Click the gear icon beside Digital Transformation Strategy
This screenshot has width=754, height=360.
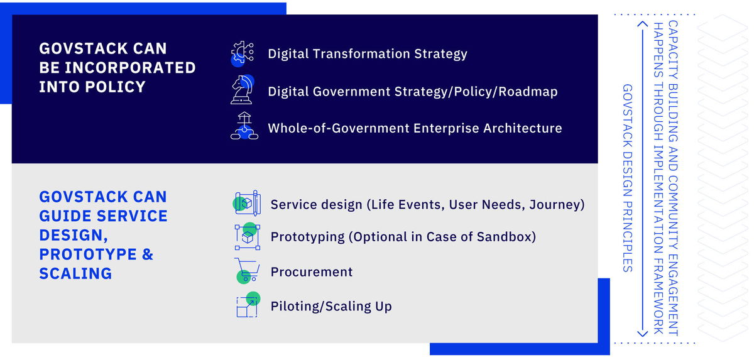tap(243, 53)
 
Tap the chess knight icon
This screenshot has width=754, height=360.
tap(243, 89)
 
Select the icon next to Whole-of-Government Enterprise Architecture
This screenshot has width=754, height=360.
tap(244, 126)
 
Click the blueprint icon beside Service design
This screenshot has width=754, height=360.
tap(247, 203)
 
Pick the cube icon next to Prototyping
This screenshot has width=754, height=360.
tap(248, 236)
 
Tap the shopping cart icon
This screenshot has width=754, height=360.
tap(247, 271)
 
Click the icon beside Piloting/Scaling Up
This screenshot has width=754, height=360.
tap(248, 305)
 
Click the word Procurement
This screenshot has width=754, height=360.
tap(312, 272)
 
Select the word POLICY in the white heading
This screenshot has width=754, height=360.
tap(116, 87)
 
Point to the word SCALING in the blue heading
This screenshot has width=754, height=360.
tap(76, 273)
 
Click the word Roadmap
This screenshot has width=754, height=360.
tap(528, 92)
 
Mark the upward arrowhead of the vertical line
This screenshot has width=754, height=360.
tap(643, 25)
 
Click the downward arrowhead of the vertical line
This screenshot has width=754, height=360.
tap(643, 334)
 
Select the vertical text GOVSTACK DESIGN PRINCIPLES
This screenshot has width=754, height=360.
tap(628, 178)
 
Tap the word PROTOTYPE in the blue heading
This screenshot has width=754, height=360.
tap(88, 254)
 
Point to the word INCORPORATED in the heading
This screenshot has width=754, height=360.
tap(130, 68)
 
